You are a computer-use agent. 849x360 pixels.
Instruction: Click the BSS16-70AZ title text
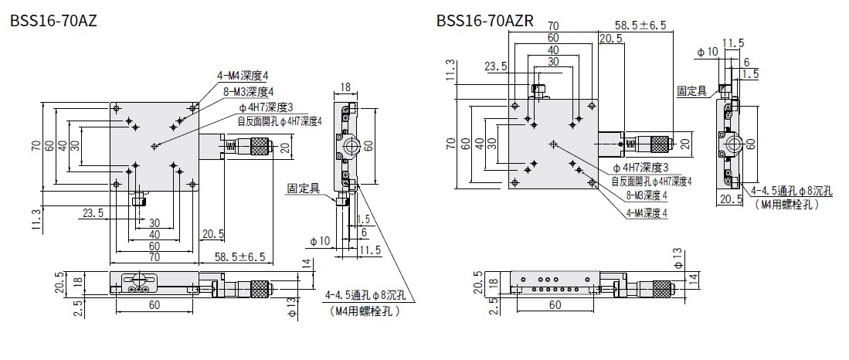53,21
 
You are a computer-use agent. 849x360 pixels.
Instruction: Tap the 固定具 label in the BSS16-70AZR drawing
691,90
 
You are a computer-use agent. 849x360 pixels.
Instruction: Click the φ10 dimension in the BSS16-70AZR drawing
708,53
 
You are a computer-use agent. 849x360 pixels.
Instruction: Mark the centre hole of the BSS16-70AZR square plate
552,144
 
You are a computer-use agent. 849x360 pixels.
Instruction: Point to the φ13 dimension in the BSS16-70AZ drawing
292,311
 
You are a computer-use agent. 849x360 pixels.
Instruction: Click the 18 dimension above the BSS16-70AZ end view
345,87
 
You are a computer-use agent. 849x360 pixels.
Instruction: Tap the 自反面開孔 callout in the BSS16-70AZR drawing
651,182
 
